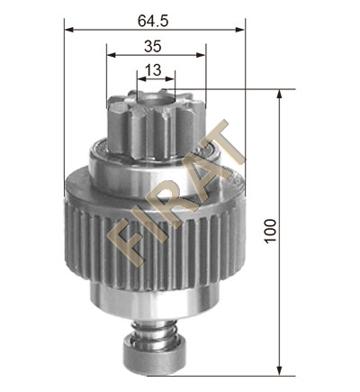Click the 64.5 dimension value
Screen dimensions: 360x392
point(153,21)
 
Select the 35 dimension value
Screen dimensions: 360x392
point(153,47)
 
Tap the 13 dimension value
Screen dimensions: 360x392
point(153,70)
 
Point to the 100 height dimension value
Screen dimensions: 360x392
point(270,231)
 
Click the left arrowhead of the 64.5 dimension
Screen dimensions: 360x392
point(69,30)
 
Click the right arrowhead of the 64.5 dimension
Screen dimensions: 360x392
point(240,30)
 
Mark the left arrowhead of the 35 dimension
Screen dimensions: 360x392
point(112,55)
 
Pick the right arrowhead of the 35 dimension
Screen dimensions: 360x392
point(201,55)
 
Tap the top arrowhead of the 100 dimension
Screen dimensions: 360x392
point(279,94)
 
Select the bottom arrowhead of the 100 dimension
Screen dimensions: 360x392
point(279,371)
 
